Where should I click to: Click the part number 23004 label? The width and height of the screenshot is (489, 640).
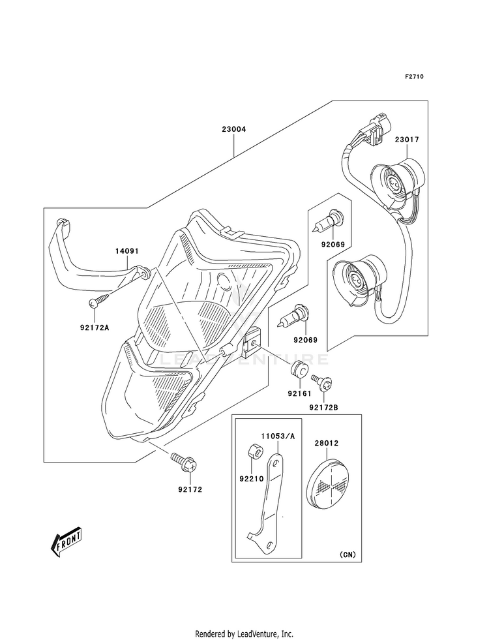pos(234,129)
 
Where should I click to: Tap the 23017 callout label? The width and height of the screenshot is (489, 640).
pos(407,140)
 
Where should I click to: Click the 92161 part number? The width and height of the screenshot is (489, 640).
pos(299,393)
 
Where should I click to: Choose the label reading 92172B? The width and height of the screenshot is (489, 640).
pos(324,407)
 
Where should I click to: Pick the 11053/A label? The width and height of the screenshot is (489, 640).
pos(278,436)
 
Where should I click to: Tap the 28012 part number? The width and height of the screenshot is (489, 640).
pos(326,443)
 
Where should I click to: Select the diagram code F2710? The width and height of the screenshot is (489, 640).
pos(415,76)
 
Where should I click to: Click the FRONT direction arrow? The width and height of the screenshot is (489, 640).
pos(66,541)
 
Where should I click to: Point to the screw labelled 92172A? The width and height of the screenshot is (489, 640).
pos(100,299)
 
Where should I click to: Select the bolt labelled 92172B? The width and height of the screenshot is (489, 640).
pos(322,381)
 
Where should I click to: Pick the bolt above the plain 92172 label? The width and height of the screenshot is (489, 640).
pos(185,462)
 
